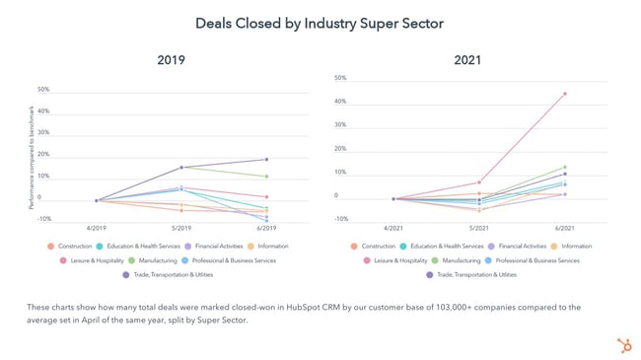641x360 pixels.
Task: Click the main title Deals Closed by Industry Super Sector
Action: coord(320,22)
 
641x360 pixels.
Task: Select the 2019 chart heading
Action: coord(171,60)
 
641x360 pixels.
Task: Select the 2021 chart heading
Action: coord(467,60)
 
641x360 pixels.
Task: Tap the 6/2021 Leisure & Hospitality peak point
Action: coord(564,94)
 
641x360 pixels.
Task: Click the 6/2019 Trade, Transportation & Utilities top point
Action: coord(265,159)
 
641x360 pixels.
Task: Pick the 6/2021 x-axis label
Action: coord(564,228)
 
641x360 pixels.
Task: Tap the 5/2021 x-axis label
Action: coord(479,228)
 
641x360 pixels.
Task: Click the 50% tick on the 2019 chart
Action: coord(43,90)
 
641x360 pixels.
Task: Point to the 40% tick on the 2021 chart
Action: coord(340,102)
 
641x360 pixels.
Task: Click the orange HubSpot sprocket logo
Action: coord(623,344)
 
